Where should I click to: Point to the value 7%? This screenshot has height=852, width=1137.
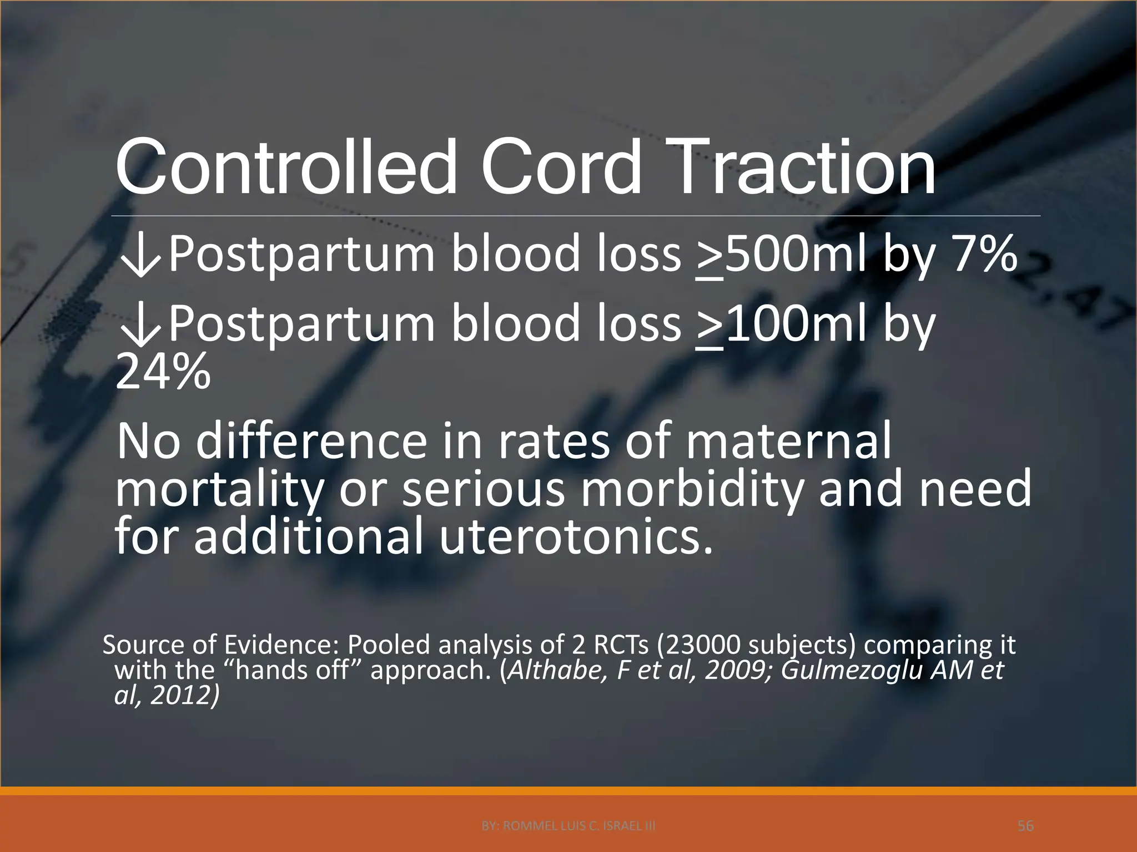(984, 254)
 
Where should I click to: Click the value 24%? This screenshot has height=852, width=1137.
(163, 372)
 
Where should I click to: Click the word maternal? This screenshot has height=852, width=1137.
(788, 441)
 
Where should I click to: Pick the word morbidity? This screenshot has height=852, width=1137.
(692, 489)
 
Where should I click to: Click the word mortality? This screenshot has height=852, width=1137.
(219, 489)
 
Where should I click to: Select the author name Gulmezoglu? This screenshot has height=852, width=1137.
(852, 671)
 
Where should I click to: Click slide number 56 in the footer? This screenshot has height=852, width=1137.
(1025, 826)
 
